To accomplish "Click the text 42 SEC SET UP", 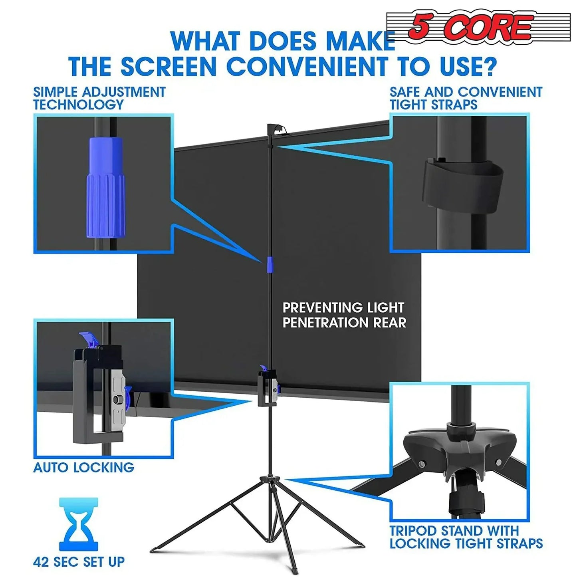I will (79, 562).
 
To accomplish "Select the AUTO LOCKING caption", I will (83, 467).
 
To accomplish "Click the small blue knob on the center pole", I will (270, 265).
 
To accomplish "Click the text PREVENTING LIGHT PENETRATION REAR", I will (344, 315).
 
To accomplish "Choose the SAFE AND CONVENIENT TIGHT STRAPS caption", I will (466, 98).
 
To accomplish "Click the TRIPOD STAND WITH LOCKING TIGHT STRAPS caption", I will (466, 537).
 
